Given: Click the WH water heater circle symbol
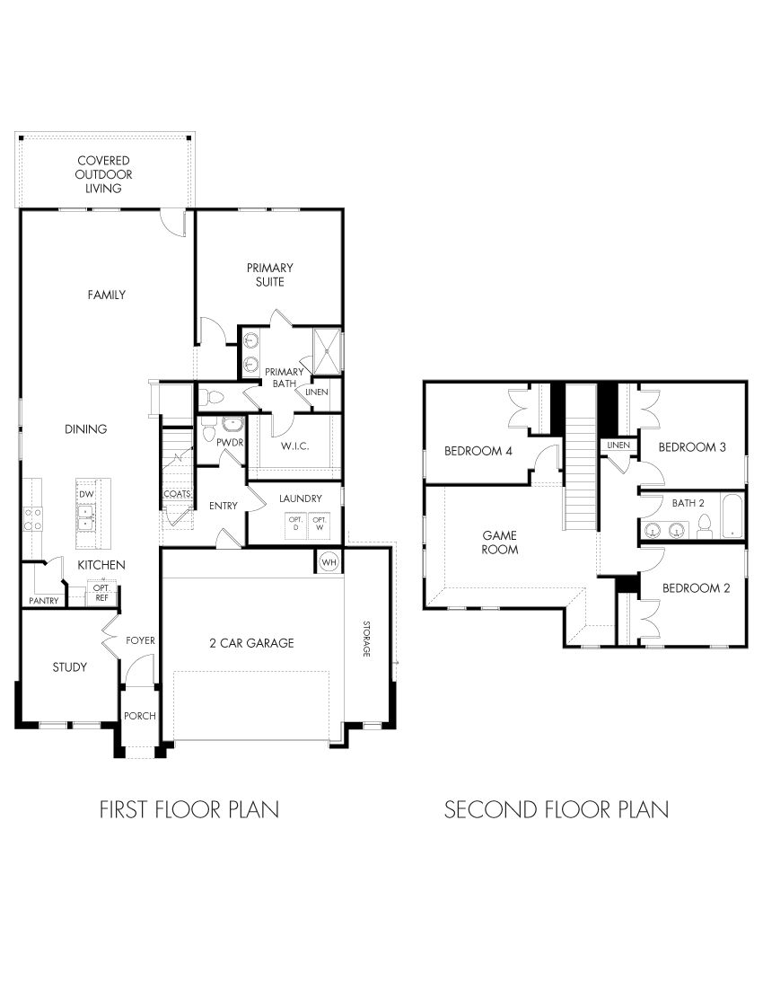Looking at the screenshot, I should click(x=329, y=561).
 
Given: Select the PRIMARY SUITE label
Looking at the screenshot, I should click(x=269, y=274).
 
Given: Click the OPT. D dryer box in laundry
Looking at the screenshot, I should click(x=294, y=523).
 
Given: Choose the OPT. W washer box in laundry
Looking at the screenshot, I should click(x=320, y=523).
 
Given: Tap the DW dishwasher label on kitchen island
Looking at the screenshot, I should click(x=87, y=495).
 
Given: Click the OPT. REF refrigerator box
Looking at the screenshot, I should click(x=101, y=592).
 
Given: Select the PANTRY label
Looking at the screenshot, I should click(x=44, y=600).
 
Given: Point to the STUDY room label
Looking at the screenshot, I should click(x=69, y=666).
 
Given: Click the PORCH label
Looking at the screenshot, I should click(x=140, y=716).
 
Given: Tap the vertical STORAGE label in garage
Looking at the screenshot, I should click(x=366, y=639).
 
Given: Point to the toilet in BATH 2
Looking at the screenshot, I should click(x=705, y=525).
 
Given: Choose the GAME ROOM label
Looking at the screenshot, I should click(x=500, y=542).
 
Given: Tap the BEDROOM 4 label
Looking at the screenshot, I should click(x=478, y=451).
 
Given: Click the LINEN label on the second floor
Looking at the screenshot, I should click(x=617, y=445).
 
